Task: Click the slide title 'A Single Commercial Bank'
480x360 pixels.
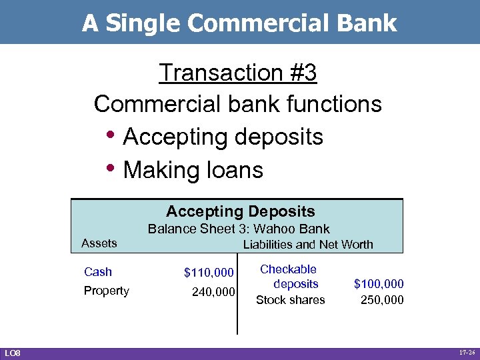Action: click(239, 23)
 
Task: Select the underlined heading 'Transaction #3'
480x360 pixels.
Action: click(237, 73)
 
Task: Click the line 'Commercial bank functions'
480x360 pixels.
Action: click(237, 104)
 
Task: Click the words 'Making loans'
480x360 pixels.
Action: click(193, 170)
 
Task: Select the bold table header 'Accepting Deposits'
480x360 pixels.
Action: click(240, 211)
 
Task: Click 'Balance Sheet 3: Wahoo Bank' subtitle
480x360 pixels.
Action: click(238, 229)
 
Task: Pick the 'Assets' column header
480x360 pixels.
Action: click(99, 243)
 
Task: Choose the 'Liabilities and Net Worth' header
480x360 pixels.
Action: click(307, 245)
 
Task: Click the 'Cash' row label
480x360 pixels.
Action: click(98, 272)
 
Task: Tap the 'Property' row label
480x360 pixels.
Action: click(106, 291)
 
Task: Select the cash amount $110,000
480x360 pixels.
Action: click(209, 273)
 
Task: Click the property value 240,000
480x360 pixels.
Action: click(213, 291)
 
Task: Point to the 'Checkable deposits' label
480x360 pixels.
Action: click(289, 276)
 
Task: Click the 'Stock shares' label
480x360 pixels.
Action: click(290, 300)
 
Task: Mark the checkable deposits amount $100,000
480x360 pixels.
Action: click(378, 284)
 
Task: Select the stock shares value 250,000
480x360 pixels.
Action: click(381, 300)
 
